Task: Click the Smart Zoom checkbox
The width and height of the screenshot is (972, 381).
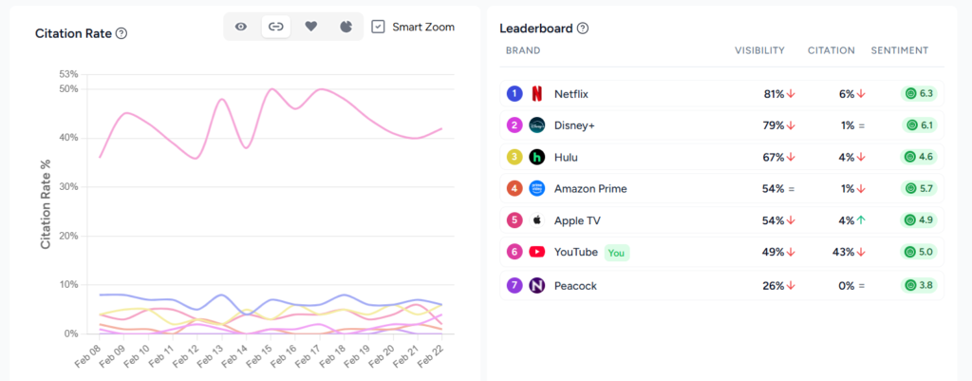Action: pyautogui.click(x=378, y=27)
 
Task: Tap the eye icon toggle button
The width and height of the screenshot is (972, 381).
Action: pyautogui.click(x=241, y=27)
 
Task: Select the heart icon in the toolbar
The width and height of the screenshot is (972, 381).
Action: pyautogui.click(x=310, y=27)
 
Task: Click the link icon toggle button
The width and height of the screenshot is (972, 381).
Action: pyautogui.click(x=275, y=27)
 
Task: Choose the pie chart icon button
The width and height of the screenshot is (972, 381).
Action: pyautogui.click(x=346, y=27)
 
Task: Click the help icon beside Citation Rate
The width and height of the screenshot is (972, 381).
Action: pyautogui.click(x=121, y=33)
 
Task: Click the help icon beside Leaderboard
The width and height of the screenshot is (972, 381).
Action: pyautogui.click(x=583, y=29)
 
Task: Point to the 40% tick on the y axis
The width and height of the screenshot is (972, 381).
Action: pyautogui.click(x=67, y=138)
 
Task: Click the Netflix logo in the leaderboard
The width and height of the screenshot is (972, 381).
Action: pyautogui.click(x=537, y=93)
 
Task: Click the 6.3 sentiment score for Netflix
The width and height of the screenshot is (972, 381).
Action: pyautogui.click(x=920, y=93)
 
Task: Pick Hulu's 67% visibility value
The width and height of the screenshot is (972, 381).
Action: pyautogui.click(x=773, y=157)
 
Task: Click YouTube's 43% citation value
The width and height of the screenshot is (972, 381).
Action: pyautogui.click(x=846, y=252)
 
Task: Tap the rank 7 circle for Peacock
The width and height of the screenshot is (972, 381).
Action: pyautogui.click(x=514, y=284)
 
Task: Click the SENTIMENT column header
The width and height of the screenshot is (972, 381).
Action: pyautogui.click(x=899, y=50)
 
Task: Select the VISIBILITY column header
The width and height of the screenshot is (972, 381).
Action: pyautogui.click(x=759, y=50)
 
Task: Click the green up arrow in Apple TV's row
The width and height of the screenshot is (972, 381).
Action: pyautogui.click(x=861, y=220)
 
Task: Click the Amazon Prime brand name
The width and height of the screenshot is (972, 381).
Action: pyautogui.click(x=589, y=188)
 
